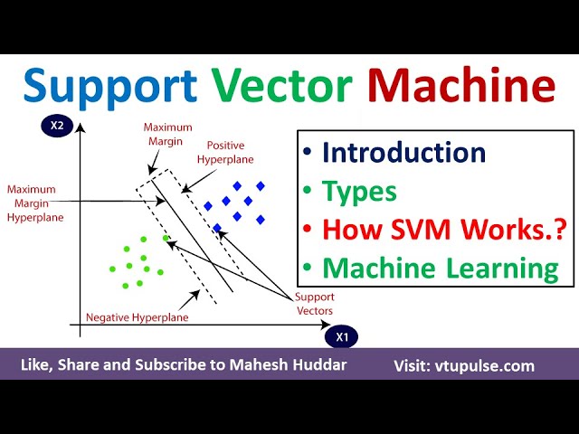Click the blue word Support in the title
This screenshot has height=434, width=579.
(x=110, y=88)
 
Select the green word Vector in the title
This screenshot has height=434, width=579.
(x=282, y=86)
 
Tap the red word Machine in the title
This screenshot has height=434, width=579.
(x=461, y=85)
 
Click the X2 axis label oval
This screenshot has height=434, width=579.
(x=57, y=126)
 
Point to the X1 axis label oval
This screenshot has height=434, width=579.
(x=342, y=337)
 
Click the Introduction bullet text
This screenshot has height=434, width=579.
(x=404, y=153)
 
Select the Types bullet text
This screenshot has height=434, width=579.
(x=360, y=192)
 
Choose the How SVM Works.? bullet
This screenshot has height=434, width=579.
(x=444, y=229)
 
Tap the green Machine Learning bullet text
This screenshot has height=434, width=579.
(x=441, y=268)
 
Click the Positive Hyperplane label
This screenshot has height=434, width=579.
(x=225, y=153)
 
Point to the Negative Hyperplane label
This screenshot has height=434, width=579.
(x=137, y=317)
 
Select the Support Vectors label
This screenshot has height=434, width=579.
(x=315, y=304)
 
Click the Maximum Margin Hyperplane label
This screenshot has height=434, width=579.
(x=35, y=203)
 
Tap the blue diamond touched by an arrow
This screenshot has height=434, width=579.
(x=217, y=228)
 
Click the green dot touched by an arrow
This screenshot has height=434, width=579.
(x=166, y=238)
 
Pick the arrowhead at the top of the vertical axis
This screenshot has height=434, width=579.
(x=81, y=127)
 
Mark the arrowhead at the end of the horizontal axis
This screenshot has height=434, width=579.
(x=326, y=325)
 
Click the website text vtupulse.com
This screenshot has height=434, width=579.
(x=485, y=366)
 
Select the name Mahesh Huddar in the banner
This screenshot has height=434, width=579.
(x=288, y=364)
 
